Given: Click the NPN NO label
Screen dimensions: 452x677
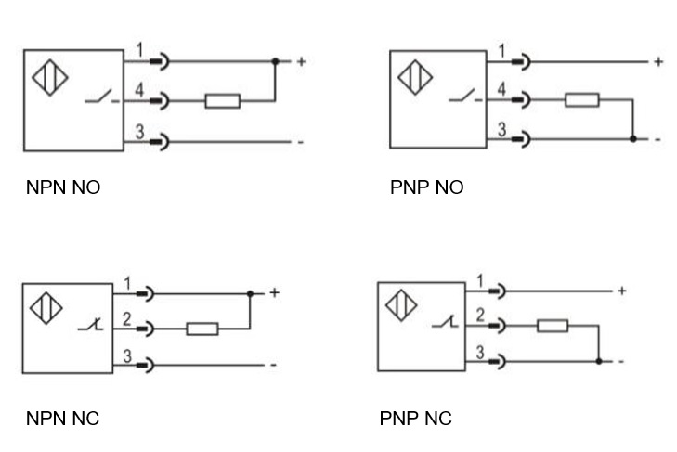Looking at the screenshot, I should tap(63, 188).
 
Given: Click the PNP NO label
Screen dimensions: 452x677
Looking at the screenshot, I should tap(426, 188).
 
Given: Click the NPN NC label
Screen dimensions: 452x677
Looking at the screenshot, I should tap(62, 419).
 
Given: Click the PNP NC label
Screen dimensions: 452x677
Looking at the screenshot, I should tap(415, 419).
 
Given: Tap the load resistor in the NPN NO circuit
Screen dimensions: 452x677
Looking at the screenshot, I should tap(223, 99).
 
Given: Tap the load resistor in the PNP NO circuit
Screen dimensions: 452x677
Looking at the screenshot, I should tap(582, 99).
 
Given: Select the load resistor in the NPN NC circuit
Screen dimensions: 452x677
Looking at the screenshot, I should tap(202, 328).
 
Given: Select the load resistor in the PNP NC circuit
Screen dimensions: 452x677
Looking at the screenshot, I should tap(553, 326).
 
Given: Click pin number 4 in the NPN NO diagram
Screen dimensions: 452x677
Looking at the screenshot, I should tap(139, 89).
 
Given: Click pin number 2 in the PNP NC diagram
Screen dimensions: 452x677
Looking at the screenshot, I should tap(480, 316).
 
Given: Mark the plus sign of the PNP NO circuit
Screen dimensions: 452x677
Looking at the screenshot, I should tap(658, 62).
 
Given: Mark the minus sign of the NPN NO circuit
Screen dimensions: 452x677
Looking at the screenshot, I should tap(300, 142).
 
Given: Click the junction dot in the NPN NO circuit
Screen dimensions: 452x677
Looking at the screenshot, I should tap(275, 61).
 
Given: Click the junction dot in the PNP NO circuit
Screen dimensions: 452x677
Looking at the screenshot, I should tap(632, 139).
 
